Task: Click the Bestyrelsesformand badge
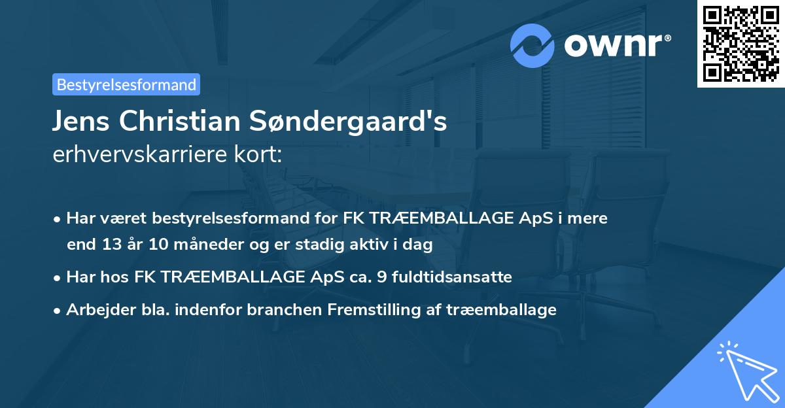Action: click(126, 84)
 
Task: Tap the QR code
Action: click(741, 44)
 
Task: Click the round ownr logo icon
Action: click(532, 45)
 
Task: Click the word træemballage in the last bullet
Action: click(502, 309)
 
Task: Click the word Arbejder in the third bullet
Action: click(97, 309)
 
